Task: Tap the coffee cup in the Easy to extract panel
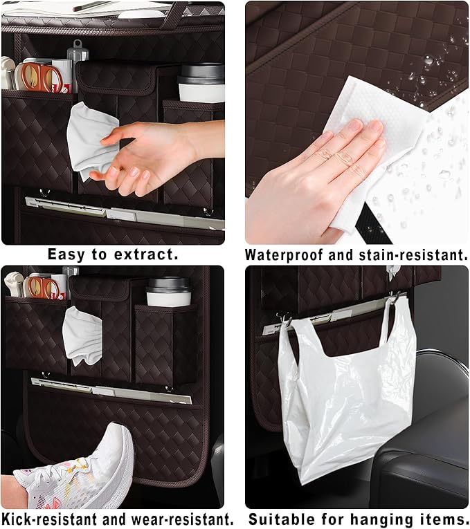click(201, 83)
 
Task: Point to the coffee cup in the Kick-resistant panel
click(168, 292)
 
